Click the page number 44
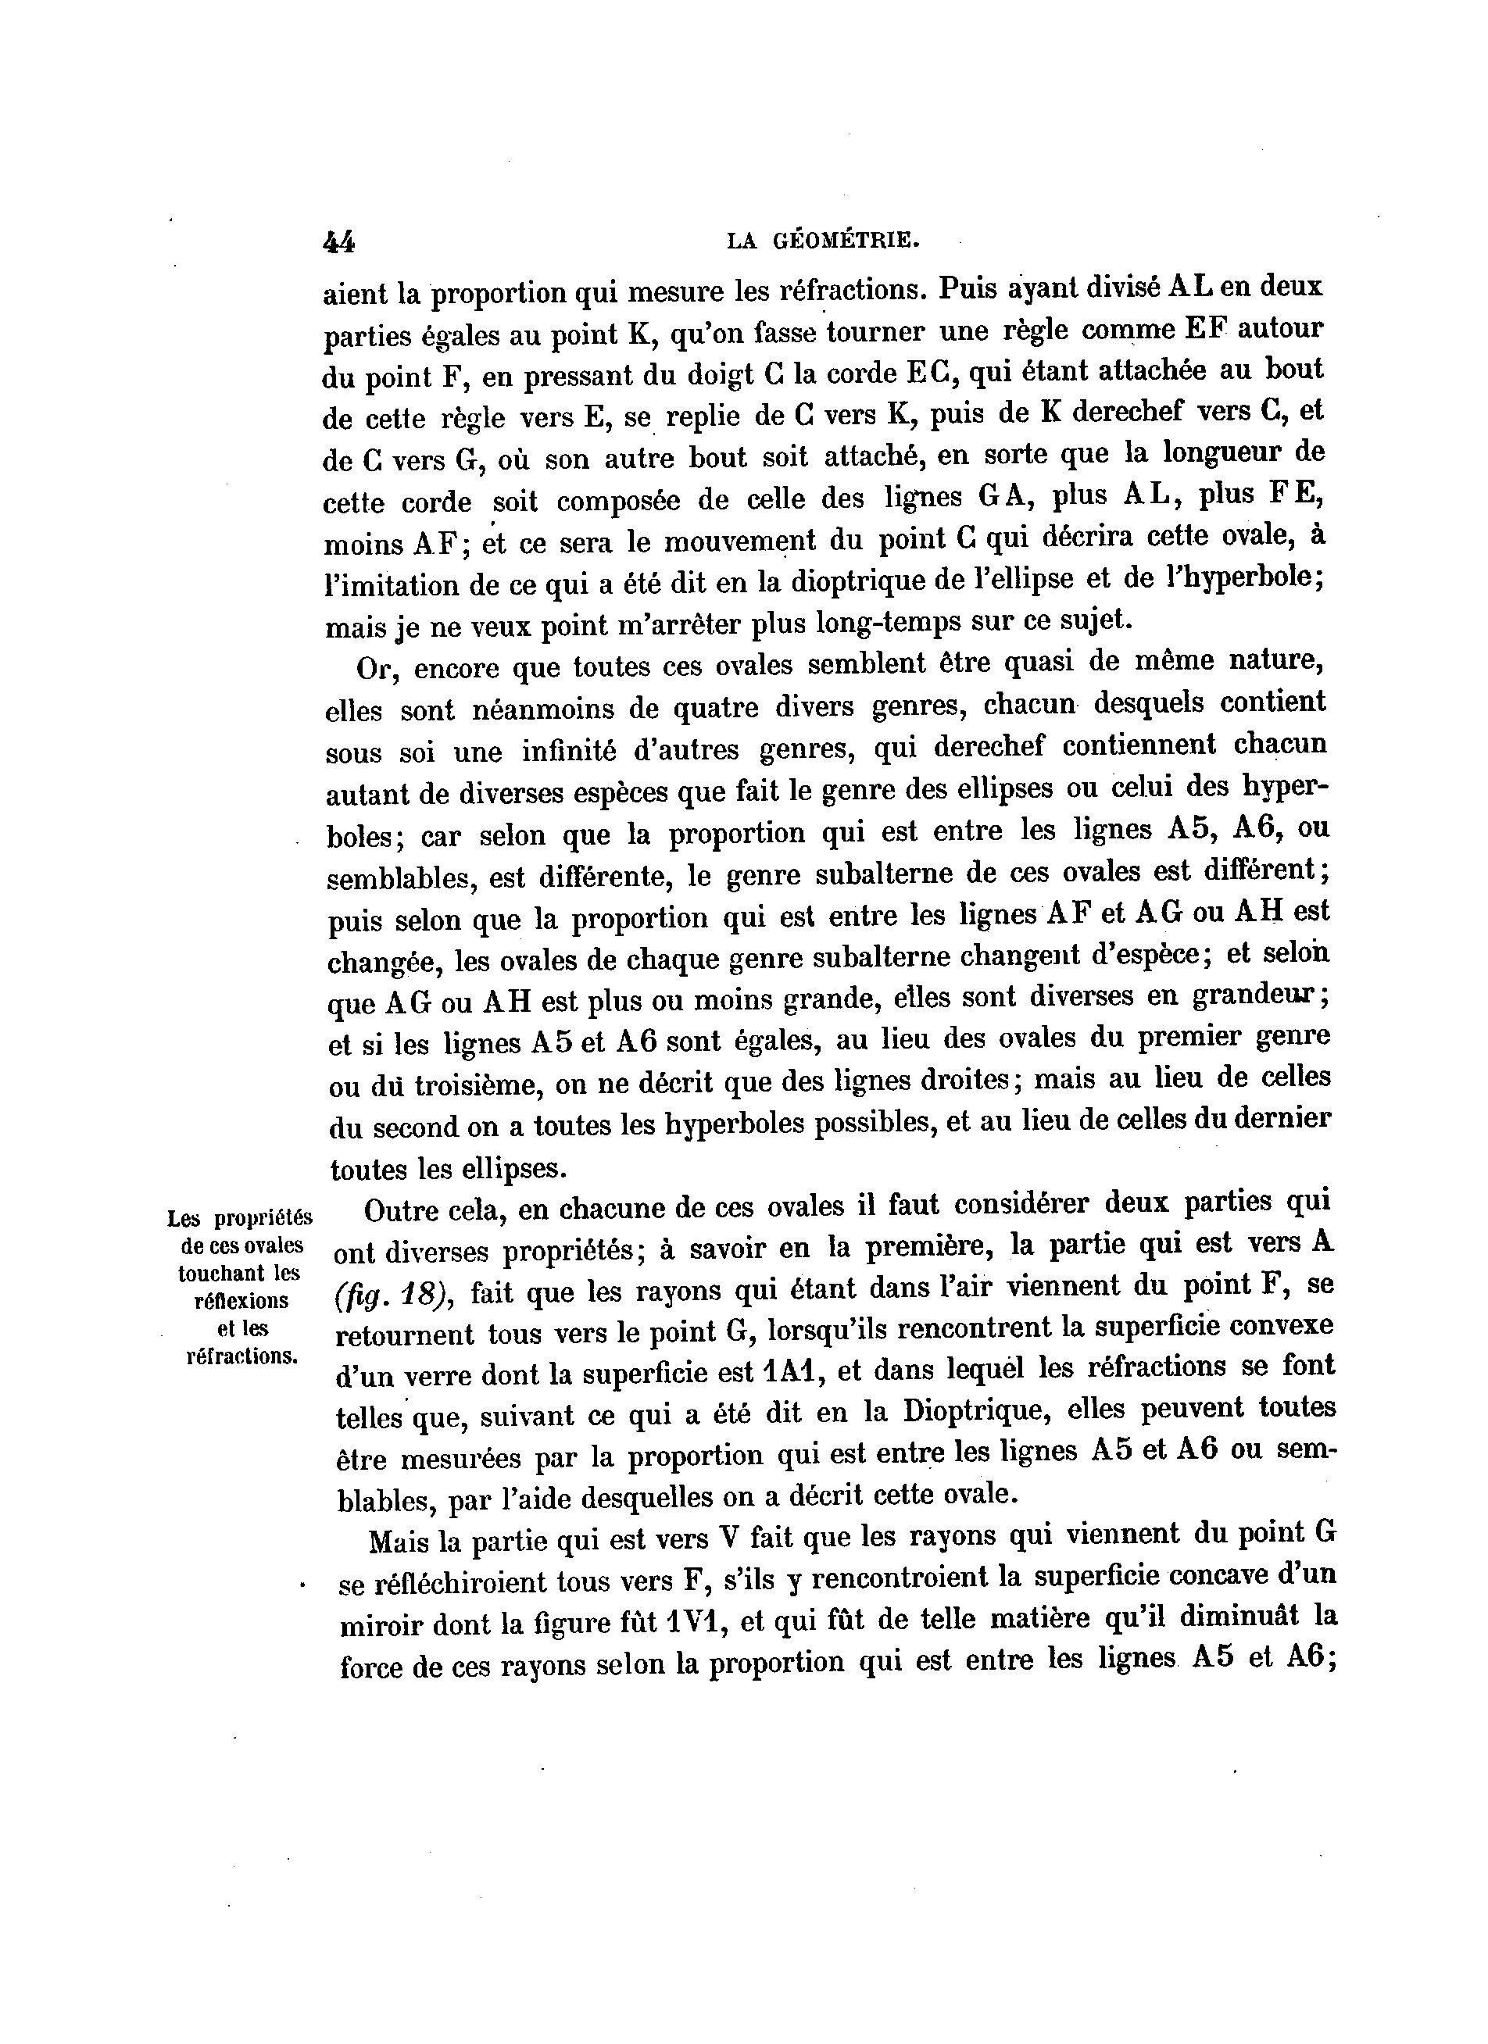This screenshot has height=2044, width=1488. pyautogui.click(x=339, y=241)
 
